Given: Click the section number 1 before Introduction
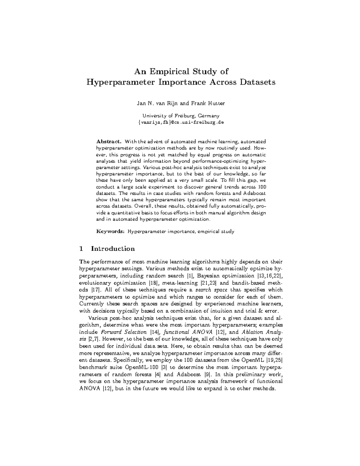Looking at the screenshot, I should point(81,249).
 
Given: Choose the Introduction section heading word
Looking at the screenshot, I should point(113,249).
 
